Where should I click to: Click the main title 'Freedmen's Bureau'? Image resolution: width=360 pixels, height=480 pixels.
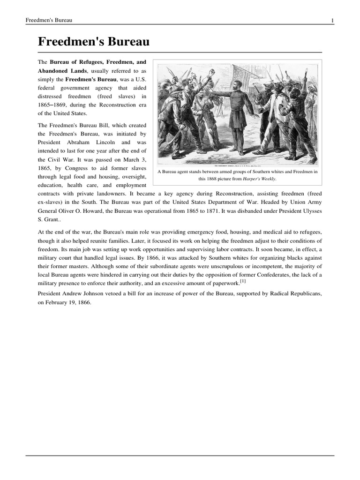[93, 42]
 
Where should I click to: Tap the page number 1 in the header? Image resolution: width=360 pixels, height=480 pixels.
[332, 20]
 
